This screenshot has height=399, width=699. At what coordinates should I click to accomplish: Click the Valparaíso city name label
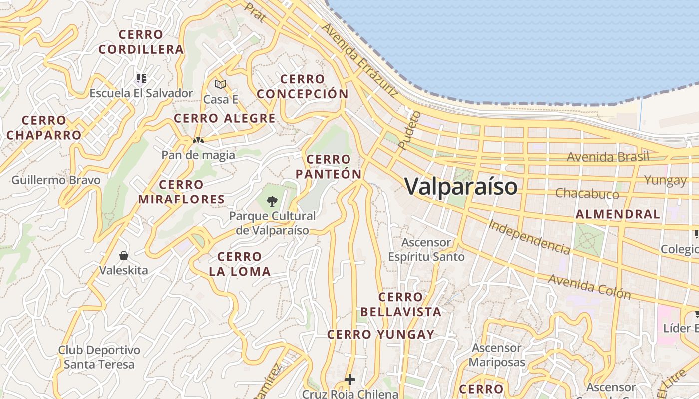pyautogui.click(x=461, y=187)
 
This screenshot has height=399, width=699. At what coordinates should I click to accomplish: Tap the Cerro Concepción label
pyautogui.click(x=303, y=87)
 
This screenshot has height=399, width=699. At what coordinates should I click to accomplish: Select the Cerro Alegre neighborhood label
pyautogui.click(x=225, y=118)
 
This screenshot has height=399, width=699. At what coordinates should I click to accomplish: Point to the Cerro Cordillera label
pyautogui.click(x=141, y=42)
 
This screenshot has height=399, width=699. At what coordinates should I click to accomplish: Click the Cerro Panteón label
pyautogui.click(x=329, y=167)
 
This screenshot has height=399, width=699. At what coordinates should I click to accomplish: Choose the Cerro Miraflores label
pyautogui.click(x=181, y=192)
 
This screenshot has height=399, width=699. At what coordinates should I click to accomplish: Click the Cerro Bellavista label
pyautogui.click(x=401, y=305)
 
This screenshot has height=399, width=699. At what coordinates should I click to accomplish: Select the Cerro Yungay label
pyautogui.click(x=380, y=335)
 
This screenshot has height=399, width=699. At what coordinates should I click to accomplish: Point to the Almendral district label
pyautogui.click(x=618, y=214)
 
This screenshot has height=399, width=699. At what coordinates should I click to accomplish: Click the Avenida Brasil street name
pyautogui.click(x=608, y=157)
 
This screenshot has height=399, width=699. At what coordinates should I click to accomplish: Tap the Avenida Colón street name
pyautogui.click(x=590, y=286)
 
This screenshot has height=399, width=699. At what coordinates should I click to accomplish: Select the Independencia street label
pyautogui.click(x=529, y=237)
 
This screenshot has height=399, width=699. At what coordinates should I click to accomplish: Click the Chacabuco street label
pyautogui.click(x=587, y=193)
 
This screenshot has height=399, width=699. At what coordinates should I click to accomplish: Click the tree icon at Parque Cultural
pyautogui.click(x=272, y=201)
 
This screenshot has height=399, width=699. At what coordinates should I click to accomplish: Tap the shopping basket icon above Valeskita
pyautogui.click(x=124, y=256)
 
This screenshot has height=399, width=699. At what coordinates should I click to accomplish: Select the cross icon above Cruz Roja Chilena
pyautogui.click(x=350, y=380)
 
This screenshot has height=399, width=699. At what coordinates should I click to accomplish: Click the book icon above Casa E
pyautogui.click(x=221, y=84)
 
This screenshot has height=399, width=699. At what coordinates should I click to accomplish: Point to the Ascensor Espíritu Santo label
pyautogui.click(x=427, y=250)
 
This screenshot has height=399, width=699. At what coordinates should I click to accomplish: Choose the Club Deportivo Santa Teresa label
pyautogui.click(x=99, y=357)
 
